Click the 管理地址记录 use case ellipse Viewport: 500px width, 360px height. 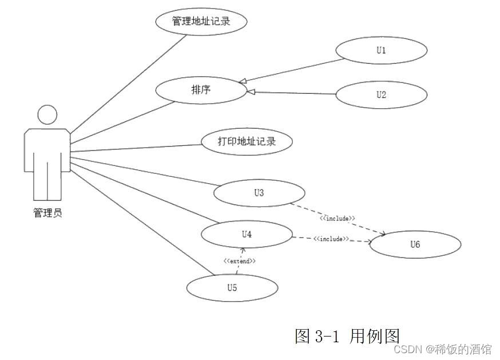[201, 21]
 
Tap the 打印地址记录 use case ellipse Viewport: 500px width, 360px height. [247, 141]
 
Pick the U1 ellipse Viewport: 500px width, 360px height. [381, 50]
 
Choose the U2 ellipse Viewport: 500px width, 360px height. [381, 95]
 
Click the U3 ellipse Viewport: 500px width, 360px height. [259, 193]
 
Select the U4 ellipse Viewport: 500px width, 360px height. [247, 234]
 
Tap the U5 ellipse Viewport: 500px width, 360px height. [232, 287]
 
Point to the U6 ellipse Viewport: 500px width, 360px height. [415, 244]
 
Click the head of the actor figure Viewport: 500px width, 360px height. [47, 114]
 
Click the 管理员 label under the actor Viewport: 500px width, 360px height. [47, 213]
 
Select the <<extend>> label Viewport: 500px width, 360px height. [240, 261]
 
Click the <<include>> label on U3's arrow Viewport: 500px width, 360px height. [338, 219]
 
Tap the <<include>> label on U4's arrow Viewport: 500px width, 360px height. [332, 239]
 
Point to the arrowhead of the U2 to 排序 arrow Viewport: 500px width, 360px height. [251, 91]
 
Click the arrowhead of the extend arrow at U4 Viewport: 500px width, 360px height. [243, 250]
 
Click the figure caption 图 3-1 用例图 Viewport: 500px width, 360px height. [347, 335]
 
